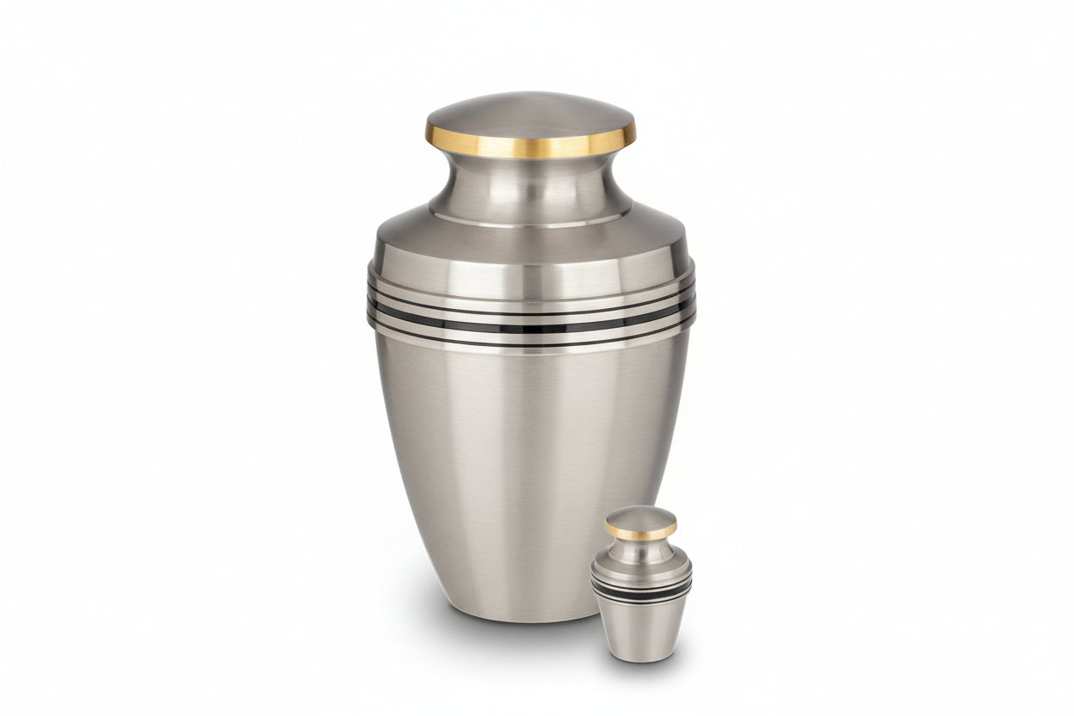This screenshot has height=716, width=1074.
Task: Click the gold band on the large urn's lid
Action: (x=530, y=143)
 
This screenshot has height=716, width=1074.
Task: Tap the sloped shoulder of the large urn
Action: (x=530, y=241)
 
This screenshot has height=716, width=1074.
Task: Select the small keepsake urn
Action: (x=641, y=594)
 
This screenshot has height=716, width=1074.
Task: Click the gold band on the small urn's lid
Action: (x=641, y=533)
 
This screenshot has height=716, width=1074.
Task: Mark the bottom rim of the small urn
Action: (x=641, y=659)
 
